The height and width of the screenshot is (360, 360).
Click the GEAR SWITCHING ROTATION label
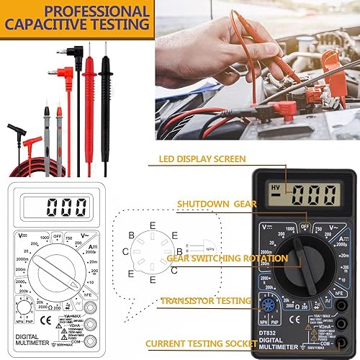coord(220,257)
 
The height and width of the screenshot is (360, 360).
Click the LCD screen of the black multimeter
coord(303,194)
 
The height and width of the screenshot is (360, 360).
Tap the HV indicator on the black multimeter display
coord(274,188)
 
